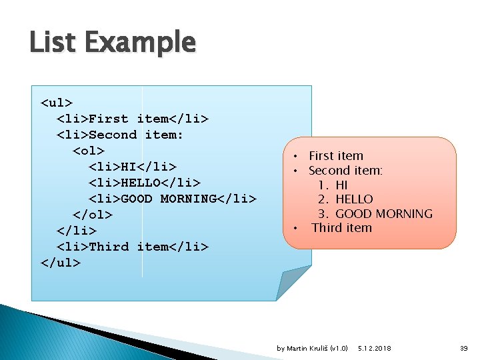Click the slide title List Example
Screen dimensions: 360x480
pos(113,43)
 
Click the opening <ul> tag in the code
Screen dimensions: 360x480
pos(57,103)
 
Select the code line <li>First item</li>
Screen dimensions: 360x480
pos(133,119)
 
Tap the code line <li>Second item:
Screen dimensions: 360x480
pos(120,135)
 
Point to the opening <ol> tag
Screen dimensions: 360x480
pos(89,151)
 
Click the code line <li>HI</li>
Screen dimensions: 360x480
pos(133,167)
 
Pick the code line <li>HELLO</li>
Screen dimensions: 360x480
pos(145,183)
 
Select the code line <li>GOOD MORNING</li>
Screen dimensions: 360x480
pos(173,199)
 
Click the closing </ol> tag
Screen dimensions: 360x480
pos(93,215)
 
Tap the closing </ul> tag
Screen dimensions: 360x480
pos(61,263)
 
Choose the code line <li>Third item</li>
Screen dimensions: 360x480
pos(133,247)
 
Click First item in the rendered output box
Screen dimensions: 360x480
pos(336,156)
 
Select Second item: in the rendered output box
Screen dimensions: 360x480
pos(345,171)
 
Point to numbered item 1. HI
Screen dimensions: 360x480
pos(333,185)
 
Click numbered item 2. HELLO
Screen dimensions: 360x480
pos(345,199)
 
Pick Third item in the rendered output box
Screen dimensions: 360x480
pos(341,228)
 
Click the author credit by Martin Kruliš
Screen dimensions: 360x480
pos(312,349)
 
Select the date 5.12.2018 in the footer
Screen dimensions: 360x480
pos(374,349)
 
